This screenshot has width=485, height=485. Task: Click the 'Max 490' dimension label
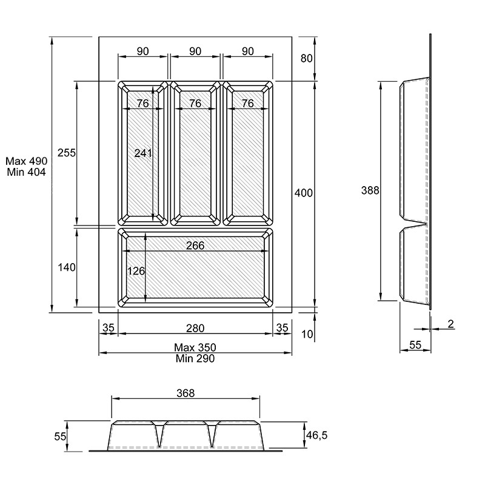27,161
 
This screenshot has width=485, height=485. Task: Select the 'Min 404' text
26,172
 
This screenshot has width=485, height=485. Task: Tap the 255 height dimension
67,153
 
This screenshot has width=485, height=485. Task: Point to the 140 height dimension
67,267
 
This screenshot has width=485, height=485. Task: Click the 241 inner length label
143,153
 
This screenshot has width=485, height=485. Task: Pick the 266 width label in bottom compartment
195,246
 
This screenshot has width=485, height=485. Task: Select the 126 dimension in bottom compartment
136,271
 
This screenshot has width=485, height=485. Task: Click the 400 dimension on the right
304,193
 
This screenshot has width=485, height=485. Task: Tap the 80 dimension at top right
307,58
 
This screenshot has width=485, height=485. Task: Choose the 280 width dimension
195,328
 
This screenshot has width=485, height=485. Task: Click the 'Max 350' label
195,347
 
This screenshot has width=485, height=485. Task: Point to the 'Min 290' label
195,358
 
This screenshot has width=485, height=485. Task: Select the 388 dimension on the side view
370,190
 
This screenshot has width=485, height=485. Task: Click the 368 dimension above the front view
186,393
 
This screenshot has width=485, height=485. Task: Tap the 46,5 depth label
316,435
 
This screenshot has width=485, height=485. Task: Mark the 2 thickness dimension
450,324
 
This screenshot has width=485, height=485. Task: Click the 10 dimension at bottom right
307,334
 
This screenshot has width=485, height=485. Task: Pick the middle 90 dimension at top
195,51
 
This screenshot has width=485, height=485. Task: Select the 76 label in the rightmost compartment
248,103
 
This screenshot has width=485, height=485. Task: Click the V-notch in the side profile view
415,222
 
